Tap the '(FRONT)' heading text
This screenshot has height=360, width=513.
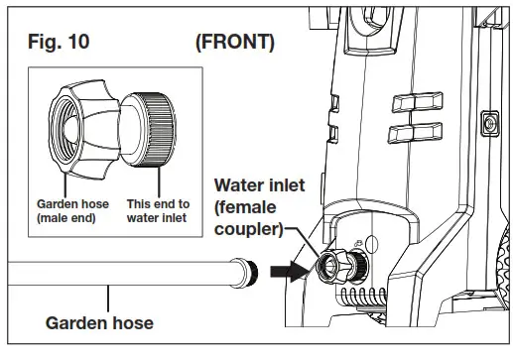point(235,44)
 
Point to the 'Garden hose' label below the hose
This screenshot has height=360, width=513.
point(100,322)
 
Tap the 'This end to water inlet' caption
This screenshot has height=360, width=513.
point(157,209)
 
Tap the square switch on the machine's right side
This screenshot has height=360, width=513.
point(488,123)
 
